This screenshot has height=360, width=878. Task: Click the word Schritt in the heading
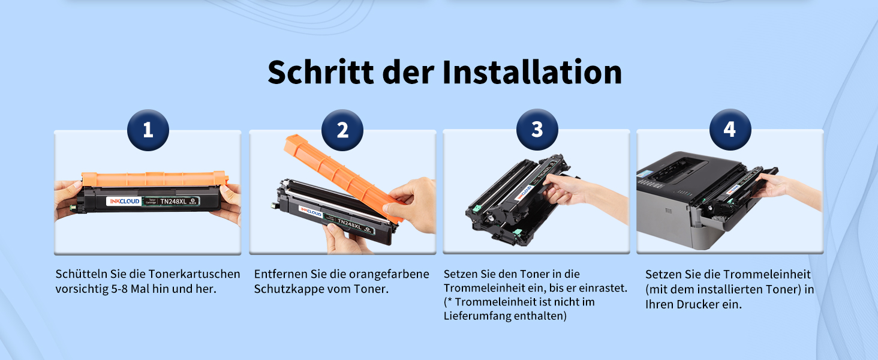[321, 72]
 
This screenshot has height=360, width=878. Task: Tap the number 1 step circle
[148, 130]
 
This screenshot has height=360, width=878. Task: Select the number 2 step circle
[342, 130]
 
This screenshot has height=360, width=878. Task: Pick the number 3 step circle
[537, 130]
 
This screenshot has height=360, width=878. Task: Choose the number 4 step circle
[730, 130]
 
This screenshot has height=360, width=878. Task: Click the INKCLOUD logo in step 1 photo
[124, 201]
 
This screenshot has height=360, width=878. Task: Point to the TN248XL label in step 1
[173, 202]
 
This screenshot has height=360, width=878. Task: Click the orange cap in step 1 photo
[155, 178]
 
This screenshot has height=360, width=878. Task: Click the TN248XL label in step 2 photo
[349, 224]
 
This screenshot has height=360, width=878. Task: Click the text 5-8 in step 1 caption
[119, 289]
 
